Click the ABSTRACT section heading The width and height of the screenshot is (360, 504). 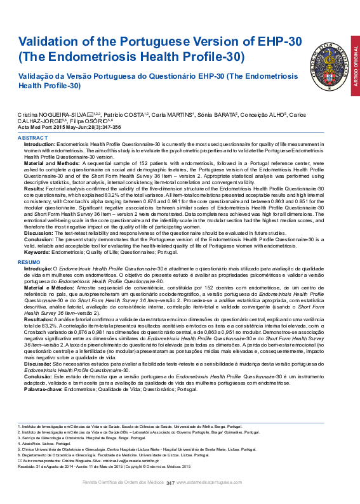(x=32, y=137)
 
